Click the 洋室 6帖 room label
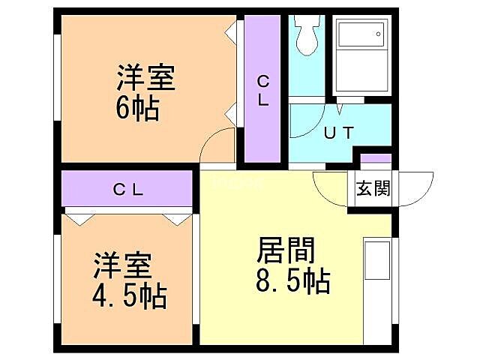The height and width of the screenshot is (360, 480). [x=145, y=93]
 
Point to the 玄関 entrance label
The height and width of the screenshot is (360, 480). [x=373, y=188]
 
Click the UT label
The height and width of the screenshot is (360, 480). [x=338, y=133]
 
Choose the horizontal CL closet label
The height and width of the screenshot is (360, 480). [x=128, y=190]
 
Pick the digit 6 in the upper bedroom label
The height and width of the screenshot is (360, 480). [x=124, y=109]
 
